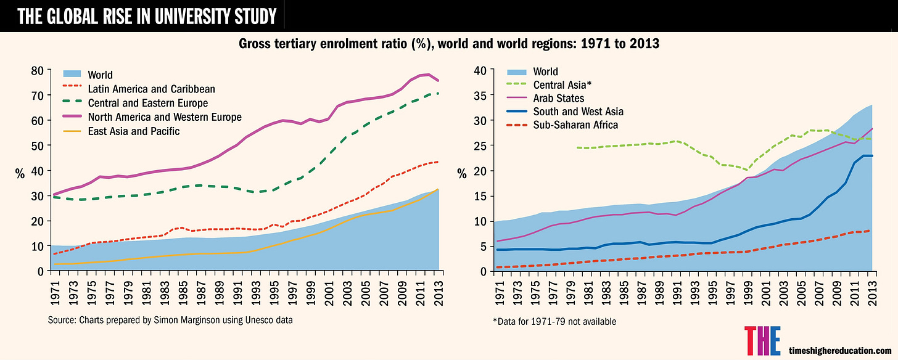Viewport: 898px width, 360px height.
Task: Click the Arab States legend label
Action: click(x=558, y=98)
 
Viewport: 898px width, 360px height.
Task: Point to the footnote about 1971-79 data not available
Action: click(x=546, y=322)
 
